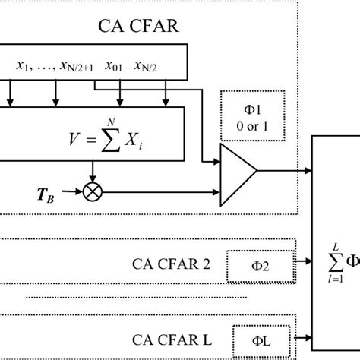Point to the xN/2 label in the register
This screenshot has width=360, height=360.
pos(147,66)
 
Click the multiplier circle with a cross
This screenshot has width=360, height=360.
pos(93,191)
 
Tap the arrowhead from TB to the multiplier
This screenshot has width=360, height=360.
pos(80,191)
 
